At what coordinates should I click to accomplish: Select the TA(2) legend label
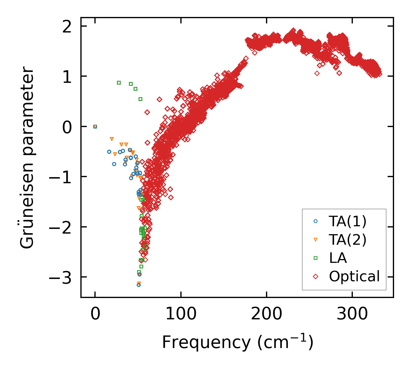(348, 240)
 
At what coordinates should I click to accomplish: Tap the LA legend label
(338, 258)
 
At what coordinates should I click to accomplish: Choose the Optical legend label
(354, 276)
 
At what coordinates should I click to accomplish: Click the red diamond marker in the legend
(315, 276)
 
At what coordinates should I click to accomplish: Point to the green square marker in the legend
(315, 258)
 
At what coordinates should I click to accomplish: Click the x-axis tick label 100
(181, 314)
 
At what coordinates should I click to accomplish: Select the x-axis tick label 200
(266, 314)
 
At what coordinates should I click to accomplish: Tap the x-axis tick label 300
(352, 314)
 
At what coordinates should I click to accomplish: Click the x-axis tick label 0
(95, 314)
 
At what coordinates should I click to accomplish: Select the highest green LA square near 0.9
(119, 83)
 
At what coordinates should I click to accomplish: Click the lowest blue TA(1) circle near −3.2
(139, 285)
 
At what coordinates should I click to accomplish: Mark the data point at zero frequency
(95, 126)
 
